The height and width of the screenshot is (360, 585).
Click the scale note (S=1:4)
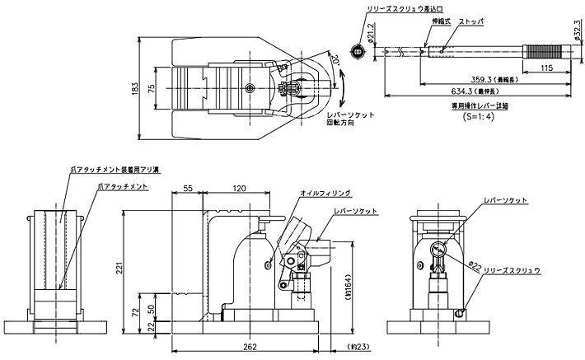(479, 117)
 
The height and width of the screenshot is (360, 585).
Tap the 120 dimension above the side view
(240, 189)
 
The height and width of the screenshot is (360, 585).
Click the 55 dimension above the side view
(188, 189)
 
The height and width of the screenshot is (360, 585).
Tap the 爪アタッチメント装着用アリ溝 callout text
(115, 170)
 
